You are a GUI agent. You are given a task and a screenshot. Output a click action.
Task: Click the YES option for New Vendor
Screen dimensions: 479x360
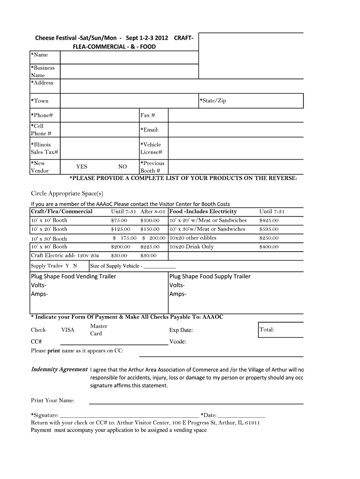pyautogui.click(x=81, y=167)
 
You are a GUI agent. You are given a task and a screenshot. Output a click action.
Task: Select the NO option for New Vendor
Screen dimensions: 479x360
pyautogui.click(x=122, y=167)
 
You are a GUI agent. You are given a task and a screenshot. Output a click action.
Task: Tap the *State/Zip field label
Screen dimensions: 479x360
pyautogui.click(x=213, y=101)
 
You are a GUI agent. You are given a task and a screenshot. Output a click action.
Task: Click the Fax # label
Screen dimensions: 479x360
pyautogui.click(x=147, y=115)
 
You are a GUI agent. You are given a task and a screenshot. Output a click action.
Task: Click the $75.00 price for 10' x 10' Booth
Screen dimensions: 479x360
pyautogui.click(x=119, y=220)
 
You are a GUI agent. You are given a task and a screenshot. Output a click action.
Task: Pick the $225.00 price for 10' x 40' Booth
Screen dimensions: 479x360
pyautogui.click(x=150, y=247)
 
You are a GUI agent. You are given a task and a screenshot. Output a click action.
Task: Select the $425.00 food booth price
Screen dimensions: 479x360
pyautogui.click(x=269, y=220)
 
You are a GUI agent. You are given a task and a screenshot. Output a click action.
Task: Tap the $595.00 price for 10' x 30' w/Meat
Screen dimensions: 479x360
pyautogui.click(x=269, y=229)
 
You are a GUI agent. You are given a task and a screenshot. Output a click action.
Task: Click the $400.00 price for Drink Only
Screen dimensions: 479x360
pyautogui.click(x=269, y=247)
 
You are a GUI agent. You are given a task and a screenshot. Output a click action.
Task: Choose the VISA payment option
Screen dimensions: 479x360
pyautogui.click(x=68, y=330)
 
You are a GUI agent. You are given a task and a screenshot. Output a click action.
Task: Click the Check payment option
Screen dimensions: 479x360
pyautogui.click(x=38, y=330)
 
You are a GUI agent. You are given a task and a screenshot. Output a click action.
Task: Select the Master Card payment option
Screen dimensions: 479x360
pyautogui.click(x=99, y=330)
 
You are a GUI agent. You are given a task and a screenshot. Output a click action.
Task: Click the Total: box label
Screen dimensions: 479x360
pyautogui.click(x=267, y=330)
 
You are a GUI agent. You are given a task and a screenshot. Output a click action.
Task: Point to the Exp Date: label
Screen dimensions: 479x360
pyautogui.click(x=181, y=330)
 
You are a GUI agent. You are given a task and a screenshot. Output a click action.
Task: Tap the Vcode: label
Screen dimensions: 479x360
pyautogui.click(x=178, y=341)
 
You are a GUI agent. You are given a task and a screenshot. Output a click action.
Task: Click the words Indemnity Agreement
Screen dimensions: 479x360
pyautogui.click(x=59, y=369)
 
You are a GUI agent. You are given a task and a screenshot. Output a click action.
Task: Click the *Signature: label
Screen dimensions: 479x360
pyautogui.click(x=45, y=415)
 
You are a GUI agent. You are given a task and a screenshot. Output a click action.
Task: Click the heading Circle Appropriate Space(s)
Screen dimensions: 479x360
pyautogui.click(x=67, y=193)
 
